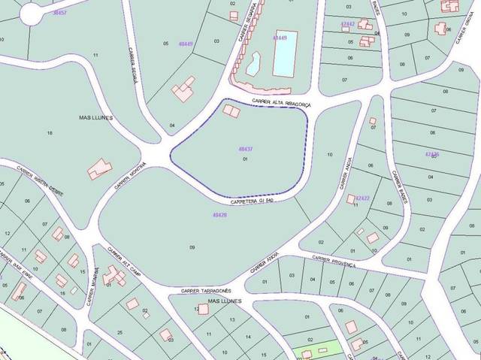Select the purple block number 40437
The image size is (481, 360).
[244, 150]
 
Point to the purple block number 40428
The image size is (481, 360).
[219, 216]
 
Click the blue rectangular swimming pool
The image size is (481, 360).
[284, 54]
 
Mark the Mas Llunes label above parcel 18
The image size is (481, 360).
[95, 118]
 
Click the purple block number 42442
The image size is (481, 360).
[347, 24]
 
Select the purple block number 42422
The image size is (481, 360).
[362, 198]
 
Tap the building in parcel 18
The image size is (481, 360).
[99, 169]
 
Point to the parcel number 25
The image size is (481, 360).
[120, 331]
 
